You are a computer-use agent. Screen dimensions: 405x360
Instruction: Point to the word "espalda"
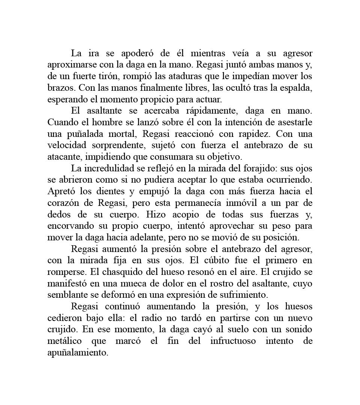[x=295, y=88]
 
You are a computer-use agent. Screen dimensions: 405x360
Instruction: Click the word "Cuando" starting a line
[x=61, y=123]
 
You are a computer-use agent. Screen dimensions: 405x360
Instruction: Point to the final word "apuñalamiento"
[x=78, y=353]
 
